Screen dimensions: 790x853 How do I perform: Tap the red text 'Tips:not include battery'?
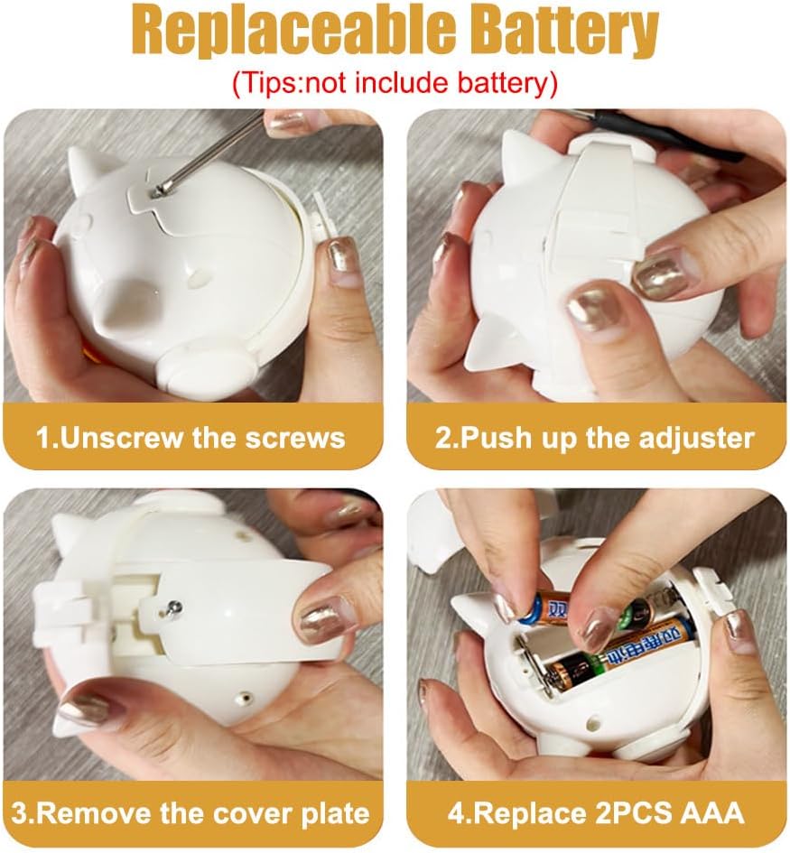click(x=395, y=83)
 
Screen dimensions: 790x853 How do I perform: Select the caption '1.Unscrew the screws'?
click(x=191, y=438)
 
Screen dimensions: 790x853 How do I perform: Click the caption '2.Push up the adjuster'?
click(x=595, y=438)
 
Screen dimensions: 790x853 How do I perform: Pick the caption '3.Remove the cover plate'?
click(x=191, y=813)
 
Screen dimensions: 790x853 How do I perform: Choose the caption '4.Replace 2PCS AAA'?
click(x=596, y=813)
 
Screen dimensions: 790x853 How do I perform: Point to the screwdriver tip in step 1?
click(x=158, y=190)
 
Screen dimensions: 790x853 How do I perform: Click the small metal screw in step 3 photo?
click(x=174, y=607)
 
